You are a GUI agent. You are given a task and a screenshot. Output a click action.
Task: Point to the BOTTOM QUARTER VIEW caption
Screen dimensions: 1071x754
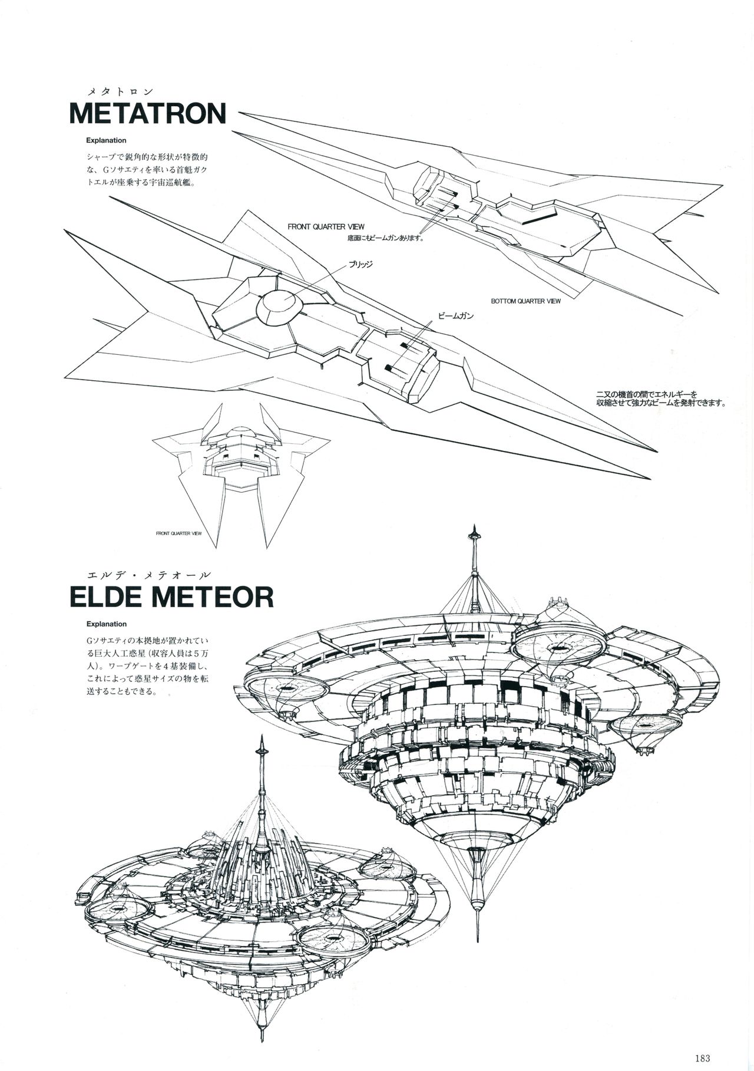coord(525,301)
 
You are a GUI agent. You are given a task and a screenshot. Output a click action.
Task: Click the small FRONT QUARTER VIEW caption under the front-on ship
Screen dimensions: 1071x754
coord(179,533)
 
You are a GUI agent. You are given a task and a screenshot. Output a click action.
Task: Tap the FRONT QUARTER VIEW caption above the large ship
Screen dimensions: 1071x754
coord(326,226)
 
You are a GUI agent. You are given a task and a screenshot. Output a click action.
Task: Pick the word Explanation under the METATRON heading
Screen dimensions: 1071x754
coord(106,141)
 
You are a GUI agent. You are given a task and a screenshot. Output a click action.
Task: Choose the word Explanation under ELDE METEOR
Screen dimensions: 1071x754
coord(106,624)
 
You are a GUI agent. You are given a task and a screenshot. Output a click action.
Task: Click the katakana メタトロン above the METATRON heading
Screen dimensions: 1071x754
coord(120,91)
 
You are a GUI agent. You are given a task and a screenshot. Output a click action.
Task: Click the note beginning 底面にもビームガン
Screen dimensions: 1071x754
coord(386,239)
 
